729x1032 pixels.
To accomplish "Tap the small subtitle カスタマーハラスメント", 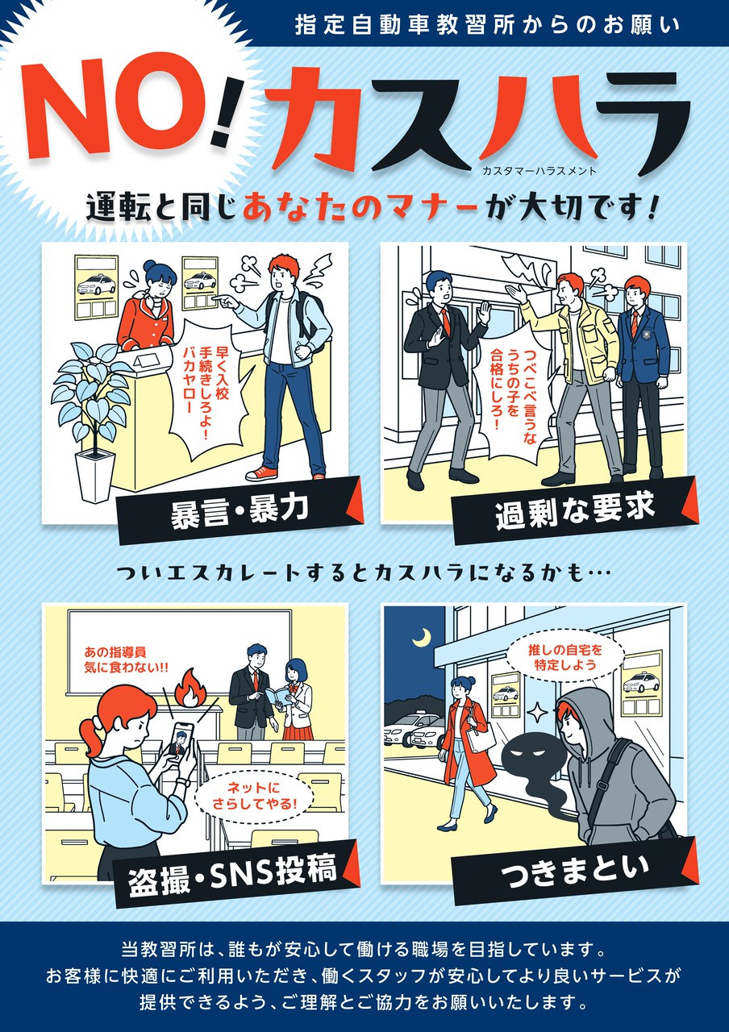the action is tap(539, 171).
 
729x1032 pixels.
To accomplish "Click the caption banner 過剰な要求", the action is tap(575, 510).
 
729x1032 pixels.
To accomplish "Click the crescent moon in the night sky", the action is tap(423, 637).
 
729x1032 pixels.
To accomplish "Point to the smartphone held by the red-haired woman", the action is tap(182, 741).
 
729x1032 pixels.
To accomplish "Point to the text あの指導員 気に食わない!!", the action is tap(127, 660).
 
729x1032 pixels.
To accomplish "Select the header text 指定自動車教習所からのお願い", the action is tap(487, 25).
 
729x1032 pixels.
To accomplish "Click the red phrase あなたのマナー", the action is tap(360, 210).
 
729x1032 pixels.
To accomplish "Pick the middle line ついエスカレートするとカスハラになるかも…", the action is tap(364, 573).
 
